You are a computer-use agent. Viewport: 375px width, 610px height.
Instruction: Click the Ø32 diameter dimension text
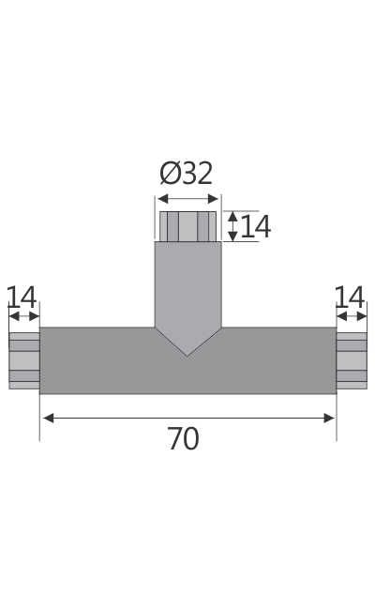tap(187, 174)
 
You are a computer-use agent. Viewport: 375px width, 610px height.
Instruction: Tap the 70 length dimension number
tap(183, 439)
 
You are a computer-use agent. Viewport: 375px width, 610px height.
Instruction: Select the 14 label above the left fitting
tap(22, 297)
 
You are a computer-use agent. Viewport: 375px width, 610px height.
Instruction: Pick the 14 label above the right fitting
tap(350, 297)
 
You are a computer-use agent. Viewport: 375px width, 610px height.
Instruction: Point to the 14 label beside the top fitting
tap(255, 227)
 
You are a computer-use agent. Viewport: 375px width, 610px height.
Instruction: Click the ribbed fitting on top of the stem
tap(188, 226)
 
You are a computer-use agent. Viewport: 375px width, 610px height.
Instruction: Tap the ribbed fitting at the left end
tap(24, 360)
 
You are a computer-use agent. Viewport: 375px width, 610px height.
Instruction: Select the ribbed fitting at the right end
tap(352, 360)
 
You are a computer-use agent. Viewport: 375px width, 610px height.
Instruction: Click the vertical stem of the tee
tap(187, 282)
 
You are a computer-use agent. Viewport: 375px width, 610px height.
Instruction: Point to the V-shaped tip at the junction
tap(187, 347)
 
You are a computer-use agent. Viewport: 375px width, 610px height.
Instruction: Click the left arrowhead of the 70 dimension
tap(47, 418)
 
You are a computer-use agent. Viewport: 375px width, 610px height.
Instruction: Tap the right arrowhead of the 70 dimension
tap(329, 418)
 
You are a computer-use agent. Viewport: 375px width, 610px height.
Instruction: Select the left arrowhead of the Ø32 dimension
tap(161, 199)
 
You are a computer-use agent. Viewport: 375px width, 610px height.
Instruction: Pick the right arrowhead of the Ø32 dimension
tap(215, 199)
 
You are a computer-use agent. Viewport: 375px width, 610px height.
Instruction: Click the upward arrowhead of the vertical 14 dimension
tap(232, 216)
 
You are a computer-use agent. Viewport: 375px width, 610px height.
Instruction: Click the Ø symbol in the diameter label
tap(170, 174)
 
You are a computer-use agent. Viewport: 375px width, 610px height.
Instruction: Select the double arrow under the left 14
tap(23, 315)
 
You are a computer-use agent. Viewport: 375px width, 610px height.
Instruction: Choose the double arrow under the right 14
tap(352, 315)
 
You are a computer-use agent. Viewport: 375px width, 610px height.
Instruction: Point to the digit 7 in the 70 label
tap(174, 439)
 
